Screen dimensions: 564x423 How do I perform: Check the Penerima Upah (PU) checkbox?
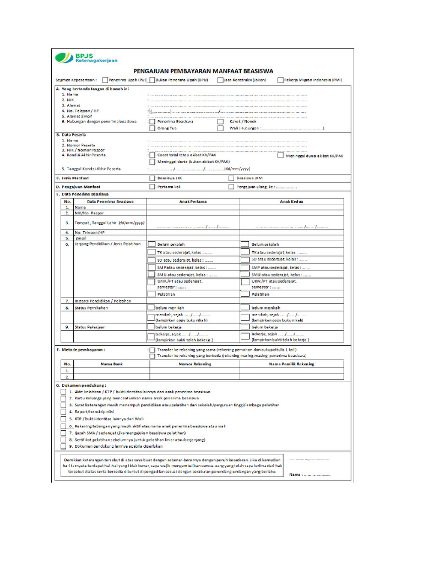(105, 80)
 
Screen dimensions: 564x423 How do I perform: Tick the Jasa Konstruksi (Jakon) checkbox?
(220, 80)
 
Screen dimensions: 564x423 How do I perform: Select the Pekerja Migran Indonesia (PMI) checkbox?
(280, 80)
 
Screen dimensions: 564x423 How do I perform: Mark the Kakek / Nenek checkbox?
(220, 121)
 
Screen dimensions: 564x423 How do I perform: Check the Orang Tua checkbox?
(152, 128)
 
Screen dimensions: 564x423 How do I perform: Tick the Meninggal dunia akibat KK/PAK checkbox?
(280, 156)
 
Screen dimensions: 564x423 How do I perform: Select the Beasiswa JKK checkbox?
(152, 178)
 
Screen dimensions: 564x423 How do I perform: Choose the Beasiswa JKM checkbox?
(231, 178)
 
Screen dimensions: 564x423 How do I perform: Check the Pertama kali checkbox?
(152, 187)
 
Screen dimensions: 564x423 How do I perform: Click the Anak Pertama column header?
(193, 202)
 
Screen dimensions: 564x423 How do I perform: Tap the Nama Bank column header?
(110, 364)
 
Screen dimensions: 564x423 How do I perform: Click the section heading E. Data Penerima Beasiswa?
(83, 194)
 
